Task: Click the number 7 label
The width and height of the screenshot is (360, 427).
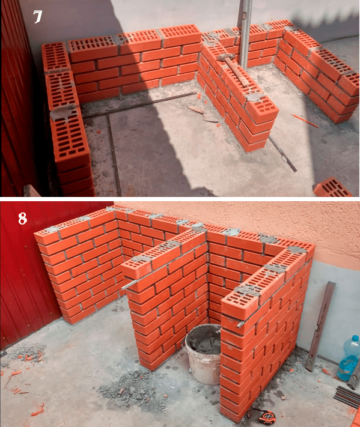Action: pos(38,17)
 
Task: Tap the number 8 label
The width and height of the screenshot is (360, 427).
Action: pos(23,218)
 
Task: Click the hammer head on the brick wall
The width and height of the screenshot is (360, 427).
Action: pos(226,57)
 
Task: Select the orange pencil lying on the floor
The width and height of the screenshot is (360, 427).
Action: pos(304,121)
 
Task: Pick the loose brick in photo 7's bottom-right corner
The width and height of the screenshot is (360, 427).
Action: pos(332,187)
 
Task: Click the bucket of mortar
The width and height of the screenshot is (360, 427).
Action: pos(204,353)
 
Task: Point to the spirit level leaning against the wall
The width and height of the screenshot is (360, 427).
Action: pos(320,326)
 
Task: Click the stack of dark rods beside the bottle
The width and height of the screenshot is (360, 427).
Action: pos(347,396)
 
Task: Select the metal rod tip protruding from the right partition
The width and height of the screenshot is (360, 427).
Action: pos(240,324)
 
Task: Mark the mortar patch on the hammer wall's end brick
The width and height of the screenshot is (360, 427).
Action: pos(255,97)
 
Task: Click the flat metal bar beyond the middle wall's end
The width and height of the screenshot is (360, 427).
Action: pos(282,154)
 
